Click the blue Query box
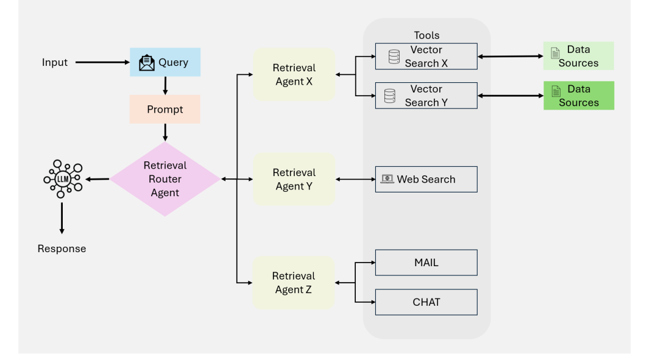tap(165, 62)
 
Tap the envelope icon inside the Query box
tap(147, 63)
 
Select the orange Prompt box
tap(165, 110)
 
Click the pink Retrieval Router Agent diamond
tap(165, 179)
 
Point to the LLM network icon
tap(62, 178)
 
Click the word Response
tap(62, 249)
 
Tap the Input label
tap(55, 62)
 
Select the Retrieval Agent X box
tap(294, 74)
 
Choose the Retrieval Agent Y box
tap(294, 179)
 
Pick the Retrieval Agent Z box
tap(294, 283)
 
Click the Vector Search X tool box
tap(426, 57)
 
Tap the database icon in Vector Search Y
tap(390, 96)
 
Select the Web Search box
tap(426, 179)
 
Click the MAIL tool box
tap(426, 263)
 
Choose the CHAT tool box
tap(426, 302)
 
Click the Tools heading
tap(426, 35)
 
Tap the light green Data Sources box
tap(578, 56)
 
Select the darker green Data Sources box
tap(578, 96)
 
